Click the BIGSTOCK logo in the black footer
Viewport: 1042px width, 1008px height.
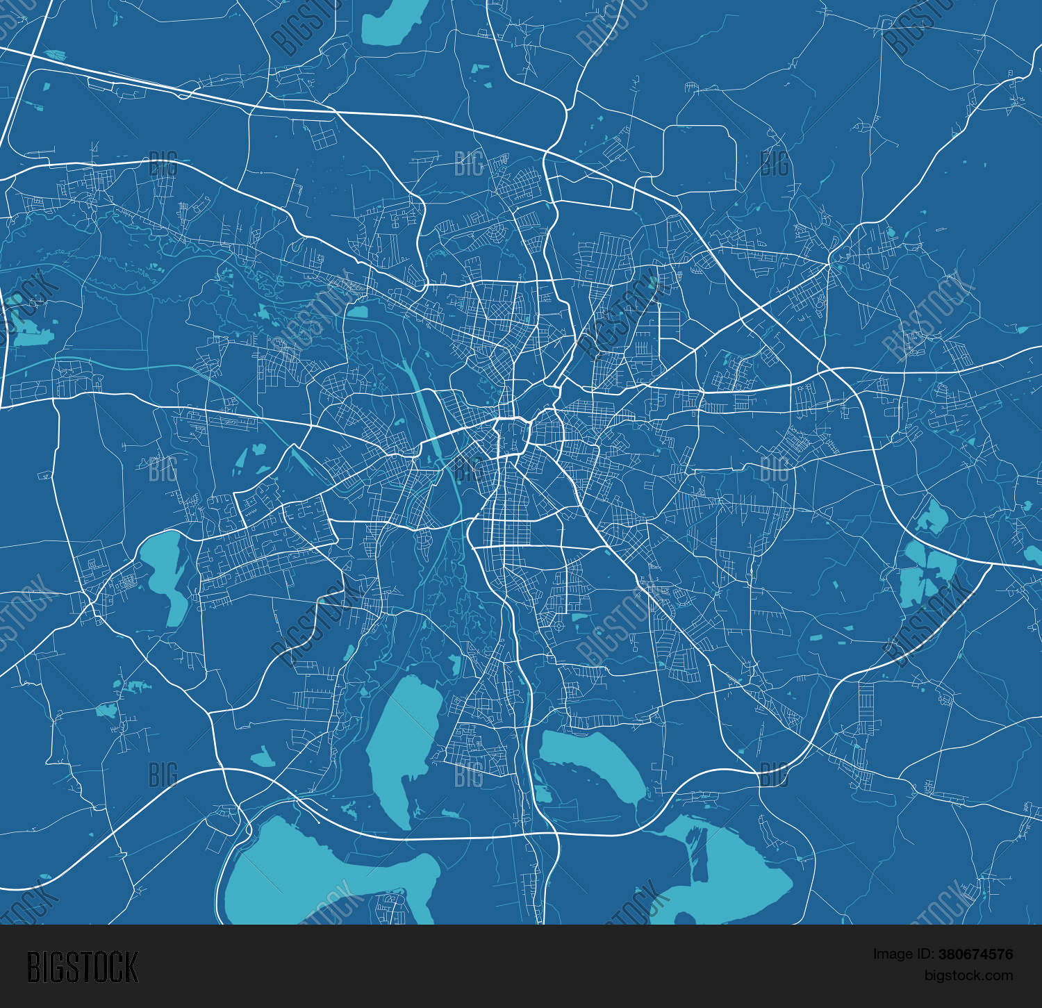pyautogui.click(x=83, y=967)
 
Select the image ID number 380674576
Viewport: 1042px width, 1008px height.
pyautogui.click(x=975, y=955)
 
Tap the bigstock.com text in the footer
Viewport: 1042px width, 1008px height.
pyautogui.click(x=968, y=975)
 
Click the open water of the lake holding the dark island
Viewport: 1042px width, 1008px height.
pyautogui.click(x=743, y=882)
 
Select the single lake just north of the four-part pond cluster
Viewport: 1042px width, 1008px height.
pyautogui.click(x=932, y=516)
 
